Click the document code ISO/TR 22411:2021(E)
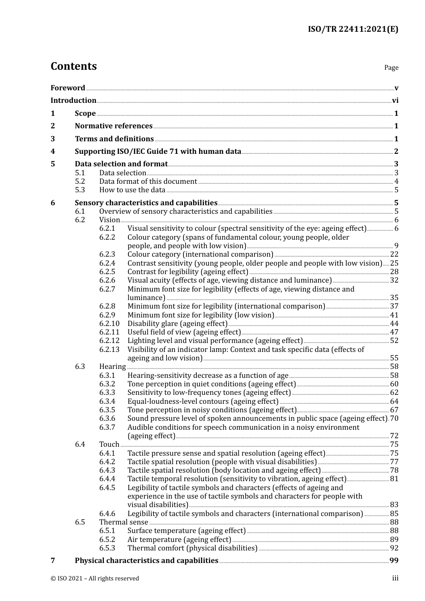tap(353, 30)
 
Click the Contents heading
tap(73, 66)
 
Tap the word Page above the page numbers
tap(391, 68)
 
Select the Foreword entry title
tap(68, 88)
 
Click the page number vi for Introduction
tap(395, 101)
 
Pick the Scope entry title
tap(85, 114)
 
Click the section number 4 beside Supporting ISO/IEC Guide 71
tap(53, 152)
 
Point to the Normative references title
tap(114, 126)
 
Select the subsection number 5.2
tap(80, 182)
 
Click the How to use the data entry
tap(132, 190)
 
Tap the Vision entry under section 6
tap(110, 220)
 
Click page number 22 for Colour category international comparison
tap(394, 254)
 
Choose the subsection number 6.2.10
tap(109, 324)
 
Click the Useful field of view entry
tap(184, 332)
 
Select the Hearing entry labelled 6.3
tap(112, 367)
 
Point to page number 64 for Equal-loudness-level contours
tap(394, 402)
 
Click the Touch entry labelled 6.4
tap(109, 444)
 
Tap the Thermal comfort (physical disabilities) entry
tap(192, 548)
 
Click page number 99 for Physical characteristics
tap(394, 561)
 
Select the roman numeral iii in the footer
tap(395, 578)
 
